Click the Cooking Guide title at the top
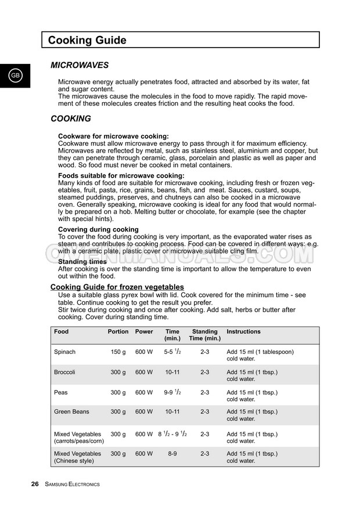(x=87, y=40)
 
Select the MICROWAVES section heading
(x=80, y=66)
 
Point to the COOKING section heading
(x=71, y=118)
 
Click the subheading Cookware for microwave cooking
(x=113, y=136)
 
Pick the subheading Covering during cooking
(x=98, y=229)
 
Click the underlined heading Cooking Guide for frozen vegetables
(x=117, y=287)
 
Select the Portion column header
(x=118, y=332)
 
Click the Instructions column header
(x=243, y=332)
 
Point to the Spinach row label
(x=64, y=352)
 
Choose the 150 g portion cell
(x=118, y=352)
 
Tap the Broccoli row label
(x=64, y=372)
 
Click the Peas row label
(x=61, y=392)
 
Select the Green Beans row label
(x=71, y=412)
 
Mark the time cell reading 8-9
(x=172, y=454)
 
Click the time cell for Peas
(x=172, y=392)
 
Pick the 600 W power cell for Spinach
(x=144, y=352)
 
